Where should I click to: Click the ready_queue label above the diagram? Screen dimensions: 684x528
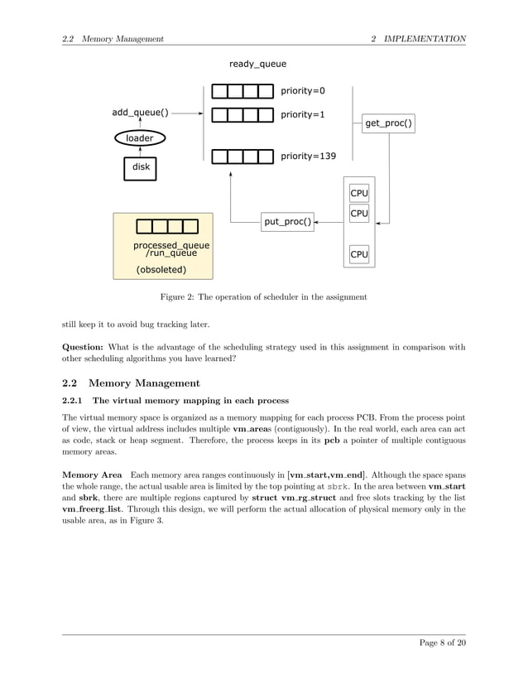pos(257,64)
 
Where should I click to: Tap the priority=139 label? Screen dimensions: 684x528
pos(308,156)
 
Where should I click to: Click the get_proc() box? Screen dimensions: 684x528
pos(388,124)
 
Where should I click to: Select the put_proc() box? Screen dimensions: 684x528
pos(288,221)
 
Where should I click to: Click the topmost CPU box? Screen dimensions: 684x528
pos(358,193)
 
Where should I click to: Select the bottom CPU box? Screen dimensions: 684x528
pos(358,254)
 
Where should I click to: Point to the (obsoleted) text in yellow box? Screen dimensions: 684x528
pos(161,269)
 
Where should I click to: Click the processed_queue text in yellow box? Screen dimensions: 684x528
pos(171,246)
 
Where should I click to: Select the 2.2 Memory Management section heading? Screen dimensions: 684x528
pos(131,383)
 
